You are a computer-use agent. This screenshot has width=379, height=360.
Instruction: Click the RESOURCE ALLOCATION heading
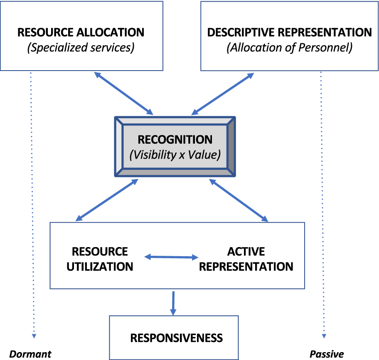pyautogui.click(x=81, y=32)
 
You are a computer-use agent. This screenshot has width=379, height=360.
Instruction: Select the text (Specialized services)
pyautogui.click(x=81, y=48)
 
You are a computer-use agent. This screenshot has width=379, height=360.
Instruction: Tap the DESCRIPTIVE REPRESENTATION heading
pyautogui.click(x=290, y=32)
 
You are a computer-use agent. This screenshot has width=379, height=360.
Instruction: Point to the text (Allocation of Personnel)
pyautogui.click(x=290, y=48)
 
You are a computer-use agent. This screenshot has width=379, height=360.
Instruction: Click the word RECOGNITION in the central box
pyautogui.click(x=175, y=140)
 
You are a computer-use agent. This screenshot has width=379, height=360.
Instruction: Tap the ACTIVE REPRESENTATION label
pyautogui.click(x=246, y=259)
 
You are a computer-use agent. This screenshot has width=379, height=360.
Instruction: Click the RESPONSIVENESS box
pyautogui.click(x=177, y=338)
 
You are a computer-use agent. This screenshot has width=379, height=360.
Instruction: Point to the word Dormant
pyautogui.click(x=30, y=354)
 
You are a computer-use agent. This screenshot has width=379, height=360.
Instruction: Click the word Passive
pyautogui.click(x=327, y=354)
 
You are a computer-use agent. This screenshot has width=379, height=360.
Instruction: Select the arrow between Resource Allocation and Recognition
pyautogui.click(x=124, y=93)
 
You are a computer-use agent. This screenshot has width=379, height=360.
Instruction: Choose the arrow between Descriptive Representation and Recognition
pyautogui.click(x=223, y=93)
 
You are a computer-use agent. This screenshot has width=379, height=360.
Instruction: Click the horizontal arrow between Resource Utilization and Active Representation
pyautogui.click(x=172, y=257)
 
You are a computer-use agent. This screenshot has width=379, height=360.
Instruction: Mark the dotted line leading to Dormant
pyautogui.click(x=32, y=203)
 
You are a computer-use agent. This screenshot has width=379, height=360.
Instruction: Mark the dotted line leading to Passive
pyautogui.click(x=322, y=203)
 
